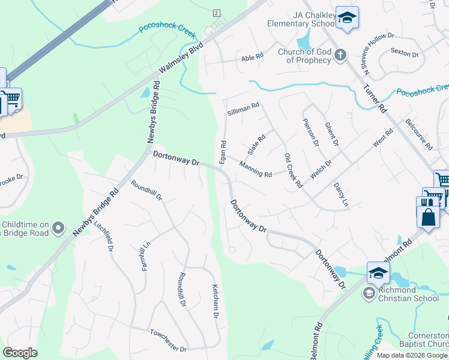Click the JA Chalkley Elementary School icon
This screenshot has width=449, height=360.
pyautogui.click(x=347, y=18)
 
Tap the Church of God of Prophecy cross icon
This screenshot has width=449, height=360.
pyautogui.click(x=340, y=56)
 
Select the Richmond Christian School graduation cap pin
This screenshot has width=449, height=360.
pyautogui.click(x=378, y=274)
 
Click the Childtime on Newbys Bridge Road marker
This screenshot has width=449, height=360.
pyautogui.click(x=58, y=228)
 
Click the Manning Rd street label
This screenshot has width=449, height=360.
pyautogui.click(x=256, y=170)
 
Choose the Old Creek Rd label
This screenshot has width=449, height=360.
pyautogui.click(x=293, y=171)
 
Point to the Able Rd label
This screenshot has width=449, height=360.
pyautogui.click(x=252, y=58)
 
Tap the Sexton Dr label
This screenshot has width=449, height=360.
pyautogui.click(x=404, y=53)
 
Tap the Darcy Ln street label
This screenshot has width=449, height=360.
pyautogui.click(x=341, y=195)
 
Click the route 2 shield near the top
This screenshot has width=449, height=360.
pyautogui.click(x=216, y=13)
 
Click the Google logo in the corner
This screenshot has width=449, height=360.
pyautogui.click(x=20, y=352)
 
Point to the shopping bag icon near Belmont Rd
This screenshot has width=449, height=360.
pyautogui.click(x=428, y=217)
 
